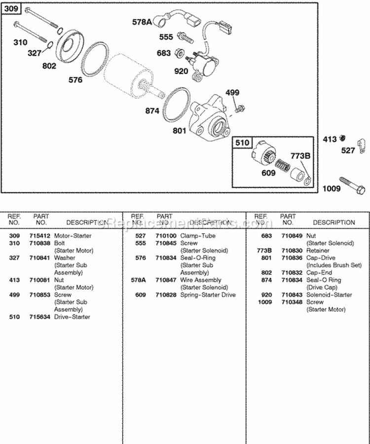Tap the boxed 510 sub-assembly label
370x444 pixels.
pos(242,144)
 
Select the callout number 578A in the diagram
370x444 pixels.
pos(143,22)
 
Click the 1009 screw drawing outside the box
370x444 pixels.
pos(351,185)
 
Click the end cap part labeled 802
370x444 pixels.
pos(69,46)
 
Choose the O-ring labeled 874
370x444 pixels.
pos(175,105)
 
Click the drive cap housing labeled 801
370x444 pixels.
pos(209,118)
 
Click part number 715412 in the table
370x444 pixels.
pos(41,236)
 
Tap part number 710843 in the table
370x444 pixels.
pos(289,295)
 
